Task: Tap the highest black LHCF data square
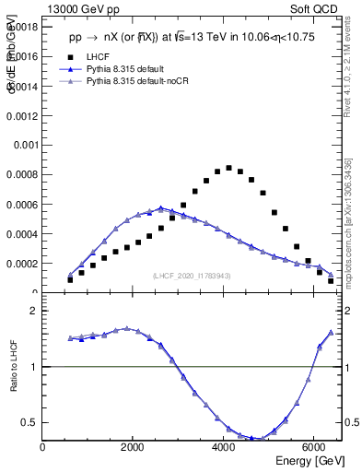point(228,168)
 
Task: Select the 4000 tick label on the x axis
point(224,448)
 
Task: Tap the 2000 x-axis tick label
point(134,448)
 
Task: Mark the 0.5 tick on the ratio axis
point(30,423)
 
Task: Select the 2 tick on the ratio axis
point(34,311)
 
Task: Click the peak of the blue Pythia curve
point(160,208)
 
